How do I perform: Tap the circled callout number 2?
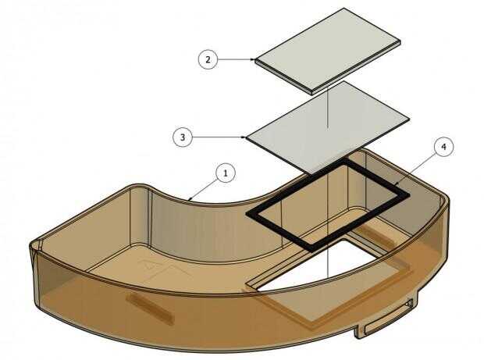point(208,59)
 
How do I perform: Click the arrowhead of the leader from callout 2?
point(255,59)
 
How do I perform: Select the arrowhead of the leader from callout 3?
point(245,137)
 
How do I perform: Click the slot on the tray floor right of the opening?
point(375,237)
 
